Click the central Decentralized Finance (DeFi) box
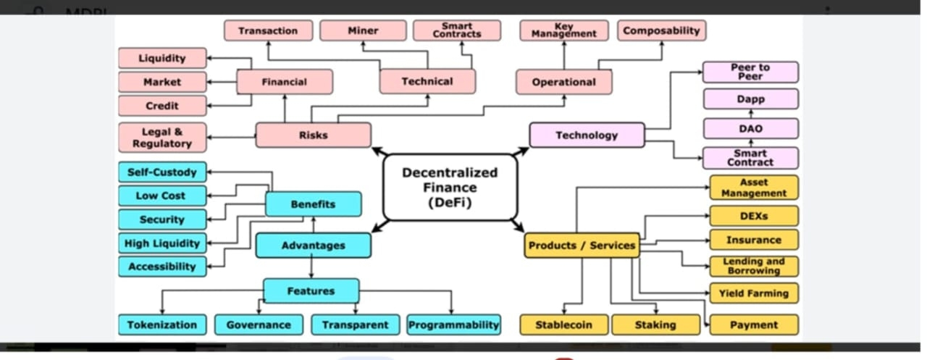tap(449, 187)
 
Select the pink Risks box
tap(313, 135)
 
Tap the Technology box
tap(587, 135)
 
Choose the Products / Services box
tap(582, 245)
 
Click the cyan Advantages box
tap(313, 245)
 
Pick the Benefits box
tap(313, 204)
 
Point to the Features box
tap(311, 290)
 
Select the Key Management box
tap(564, 30)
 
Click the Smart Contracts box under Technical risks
tap(456, 30)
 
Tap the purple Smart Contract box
tap(750, 158)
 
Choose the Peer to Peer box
tap(750, 72)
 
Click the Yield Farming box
tap(753, 293)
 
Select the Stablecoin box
tap(563, 325)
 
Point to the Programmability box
tap(453, 325)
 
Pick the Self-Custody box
tap(162, 172)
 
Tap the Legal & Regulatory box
tap(162, 138)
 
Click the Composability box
tap(661, 30)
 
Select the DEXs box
tap(753, 216)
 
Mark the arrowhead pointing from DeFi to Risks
tap(376, 150)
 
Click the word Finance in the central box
tap(449, 188)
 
